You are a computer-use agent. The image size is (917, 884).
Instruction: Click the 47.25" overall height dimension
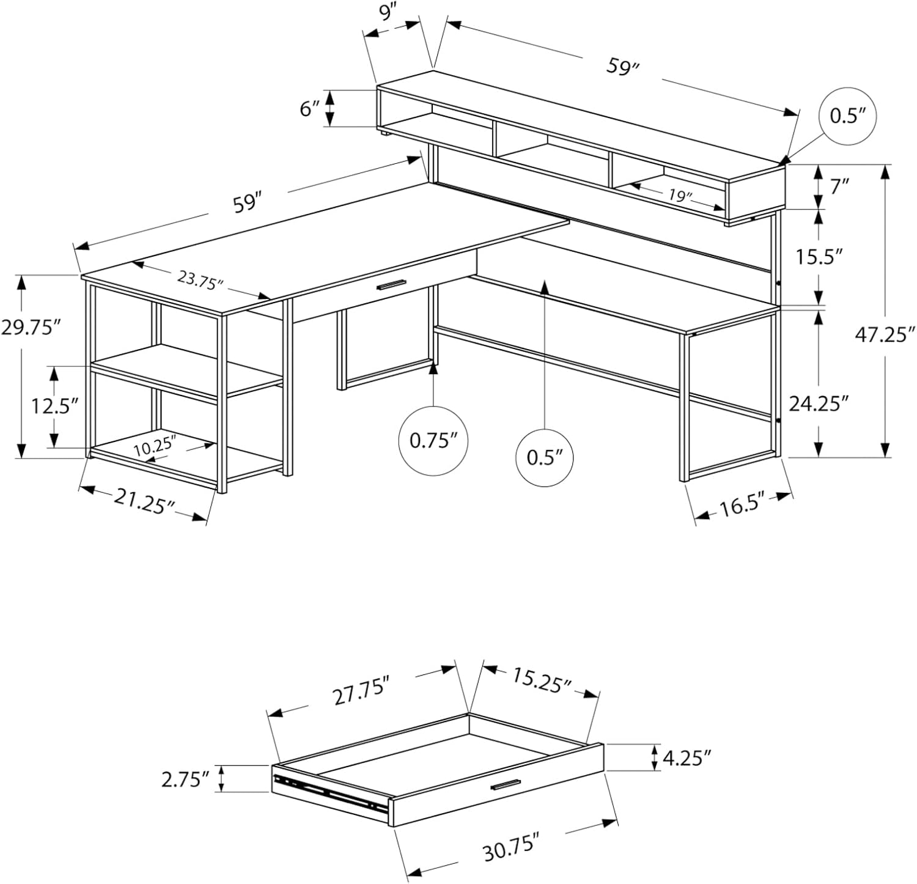[x=883, y=335]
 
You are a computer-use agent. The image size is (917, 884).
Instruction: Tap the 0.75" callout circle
[x=433, y=440]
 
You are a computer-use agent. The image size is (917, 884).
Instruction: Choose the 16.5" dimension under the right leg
[x=742, y=506]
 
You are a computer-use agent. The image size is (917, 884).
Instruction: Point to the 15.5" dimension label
[x=819, y=257]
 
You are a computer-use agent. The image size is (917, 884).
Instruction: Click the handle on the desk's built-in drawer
[x=391, y=285]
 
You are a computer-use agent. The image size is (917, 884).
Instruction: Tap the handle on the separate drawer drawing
[x=504, y=785]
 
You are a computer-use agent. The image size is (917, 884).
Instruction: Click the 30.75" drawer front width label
[x=512, y=850]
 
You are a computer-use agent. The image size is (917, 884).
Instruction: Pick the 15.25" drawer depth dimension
[x=541, y=680]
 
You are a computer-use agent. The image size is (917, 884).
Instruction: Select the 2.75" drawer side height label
[x=185, y=779]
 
